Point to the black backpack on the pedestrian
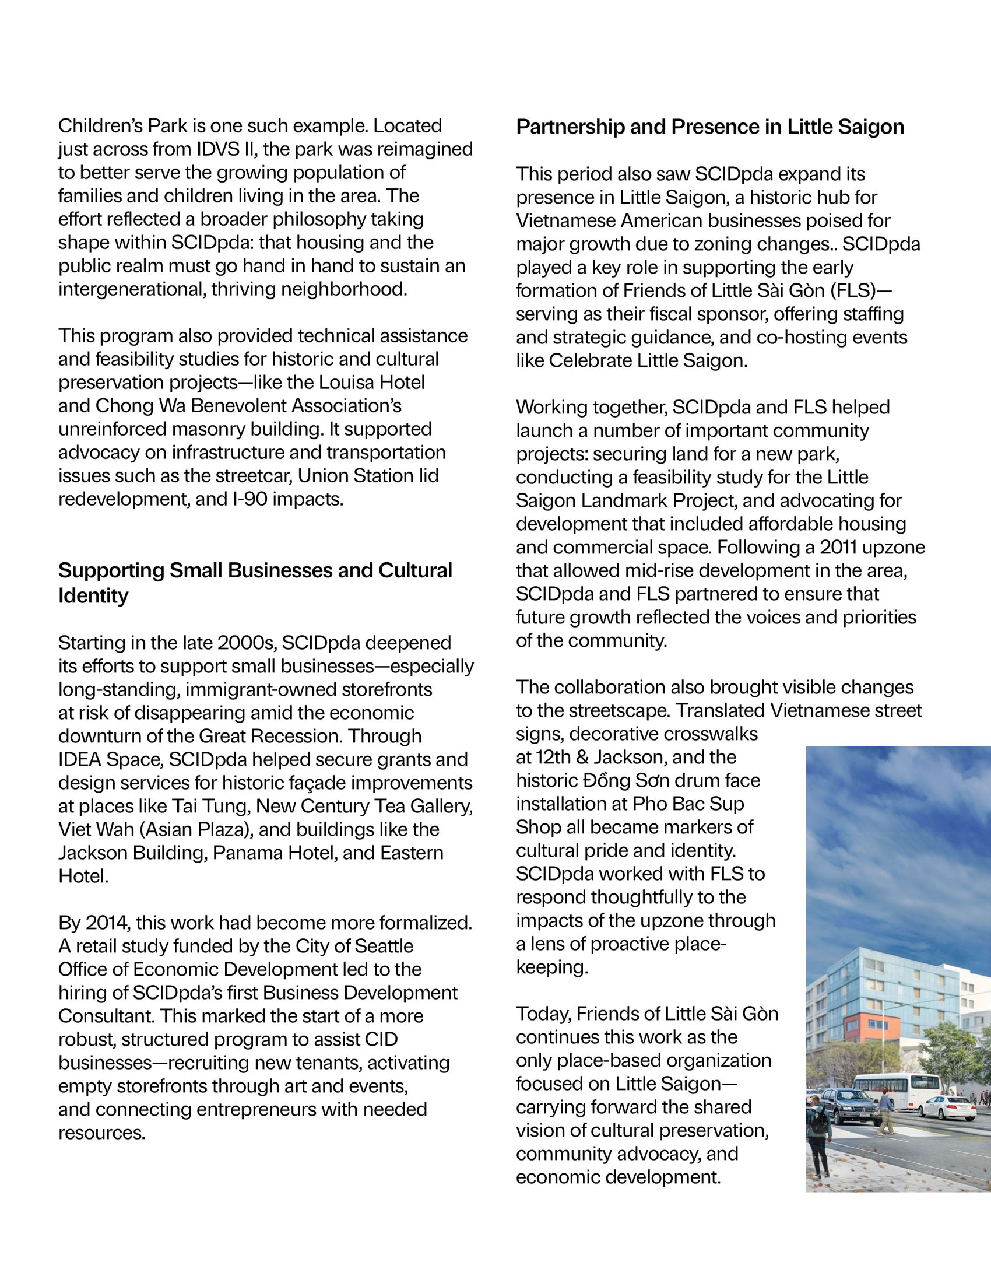[x=818, y=1121]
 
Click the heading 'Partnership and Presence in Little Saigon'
[x=710, y=127]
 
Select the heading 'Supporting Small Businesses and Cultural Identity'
[x=255, y=583]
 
